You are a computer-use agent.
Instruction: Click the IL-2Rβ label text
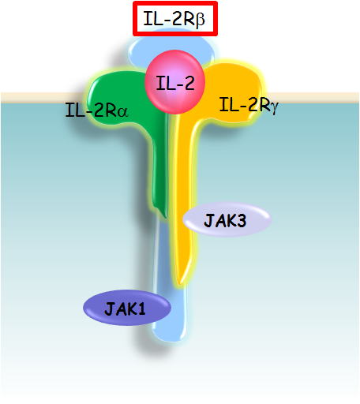[174, 18]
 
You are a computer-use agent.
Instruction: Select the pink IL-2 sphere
[174, 82]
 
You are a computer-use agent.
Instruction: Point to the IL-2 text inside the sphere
[175, 83]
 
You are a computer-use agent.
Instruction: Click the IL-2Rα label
[96, 110]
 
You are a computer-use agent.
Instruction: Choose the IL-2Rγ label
[249, 105]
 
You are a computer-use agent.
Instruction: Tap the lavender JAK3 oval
[227, 219]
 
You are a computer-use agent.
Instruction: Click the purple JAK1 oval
[127, 308]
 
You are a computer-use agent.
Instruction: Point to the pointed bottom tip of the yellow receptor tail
[180, 283]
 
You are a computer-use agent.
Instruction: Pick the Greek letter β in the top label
[200, 21]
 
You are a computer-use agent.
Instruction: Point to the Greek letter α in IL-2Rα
[122, 112]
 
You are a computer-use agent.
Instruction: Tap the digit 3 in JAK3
[241, 221]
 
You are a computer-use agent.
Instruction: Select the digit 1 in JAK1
[141, 309]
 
